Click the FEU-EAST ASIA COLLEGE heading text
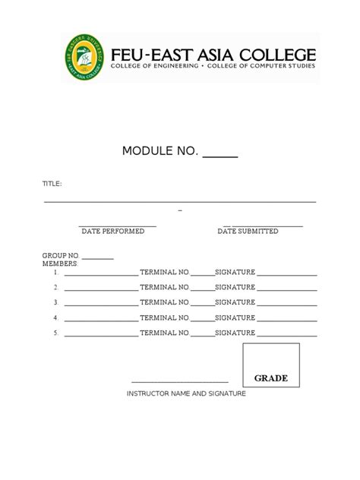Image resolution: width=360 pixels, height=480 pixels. click(x=213, y=55)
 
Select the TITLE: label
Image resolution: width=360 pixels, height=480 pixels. click(x=52, y=184)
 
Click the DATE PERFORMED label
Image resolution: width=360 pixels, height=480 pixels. click(x=113, y=231)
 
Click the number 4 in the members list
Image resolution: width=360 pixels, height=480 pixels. click(x=56, y=318)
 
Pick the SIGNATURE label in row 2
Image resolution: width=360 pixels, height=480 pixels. click(x=235, y=288)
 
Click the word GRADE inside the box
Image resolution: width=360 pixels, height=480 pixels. click(x=270, y=378)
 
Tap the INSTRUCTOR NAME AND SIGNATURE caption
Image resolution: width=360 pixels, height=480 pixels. click(x=186, y=393)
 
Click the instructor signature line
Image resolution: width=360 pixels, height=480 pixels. click(x=180, y=382)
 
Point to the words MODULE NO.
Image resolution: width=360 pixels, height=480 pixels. click(x=159, y=151)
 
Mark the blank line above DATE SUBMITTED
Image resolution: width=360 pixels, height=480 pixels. click(x=263, y=226)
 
